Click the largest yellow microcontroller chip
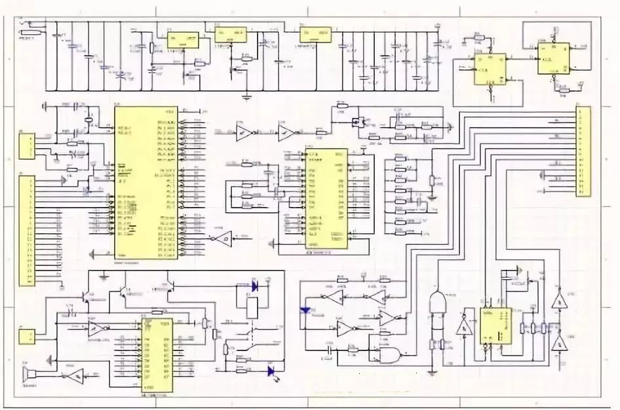(145, 182)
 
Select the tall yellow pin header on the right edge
(583, 152)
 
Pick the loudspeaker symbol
(28, 376)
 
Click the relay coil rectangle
(252, 308)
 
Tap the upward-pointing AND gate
(435, 303)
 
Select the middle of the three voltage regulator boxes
(230, 35)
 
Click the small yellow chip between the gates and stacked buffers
(495, 326)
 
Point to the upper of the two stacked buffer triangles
(559, 301)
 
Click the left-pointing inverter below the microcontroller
(223, 237)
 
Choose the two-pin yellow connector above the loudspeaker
(26, 337)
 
